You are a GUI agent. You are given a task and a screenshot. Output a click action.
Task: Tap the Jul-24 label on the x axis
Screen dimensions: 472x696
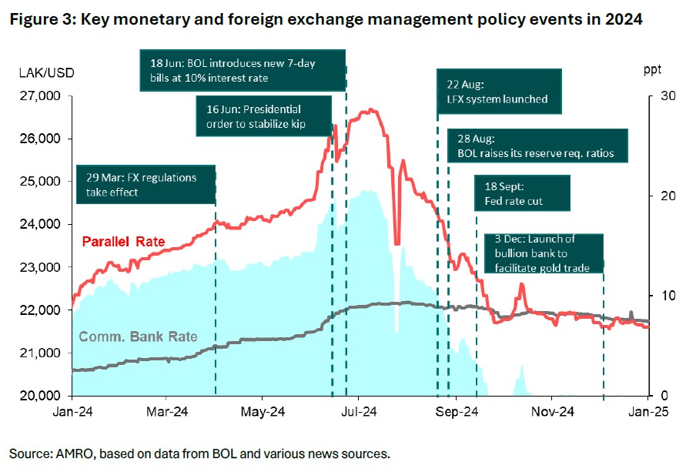pyautogui.click(x=357, y=412)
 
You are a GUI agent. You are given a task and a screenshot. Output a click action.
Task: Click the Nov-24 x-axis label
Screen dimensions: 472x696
pyautogui.click(x=552, y=412)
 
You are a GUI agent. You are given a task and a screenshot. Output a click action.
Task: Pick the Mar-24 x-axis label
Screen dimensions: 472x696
pyautogui.click(x=167, y=412)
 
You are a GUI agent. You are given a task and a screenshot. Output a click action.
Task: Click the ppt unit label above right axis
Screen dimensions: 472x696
pyautogui.click(x=651, y=71)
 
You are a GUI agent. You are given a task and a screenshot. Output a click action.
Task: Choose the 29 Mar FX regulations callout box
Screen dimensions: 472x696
pyautogui.click(x=144, y=185)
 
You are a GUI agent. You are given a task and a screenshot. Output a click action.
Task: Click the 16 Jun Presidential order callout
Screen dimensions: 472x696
pyautogui.click(x=263, y=115)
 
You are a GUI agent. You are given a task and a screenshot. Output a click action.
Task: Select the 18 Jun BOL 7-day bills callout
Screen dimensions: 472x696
pyautogui.click(x=243, y=71)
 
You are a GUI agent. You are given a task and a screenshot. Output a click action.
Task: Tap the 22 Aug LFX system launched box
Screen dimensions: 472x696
pyautogui.click(x=497, y=92)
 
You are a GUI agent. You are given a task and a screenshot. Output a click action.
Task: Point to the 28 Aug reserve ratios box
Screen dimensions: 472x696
pyautogui.click(x=536, y=146)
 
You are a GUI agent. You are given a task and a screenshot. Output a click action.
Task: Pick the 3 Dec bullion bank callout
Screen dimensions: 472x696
pyautogui.click(x=543, y=253)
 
